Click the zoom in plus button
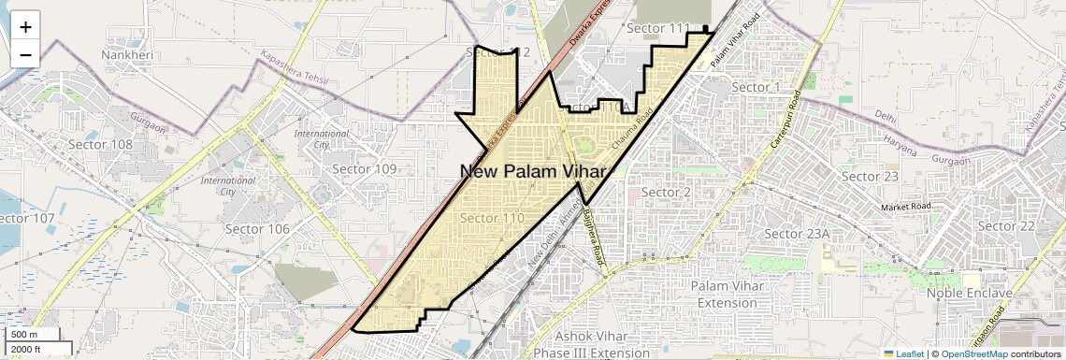[x=25, y=26]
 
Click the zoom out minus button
[x=25, y=54]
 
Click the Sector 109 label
[x=365, y=168]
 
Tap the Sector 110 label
[x=491, y=218]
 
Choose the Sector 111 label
[x=657, y=28]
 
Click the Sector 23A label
[x=797, y=233]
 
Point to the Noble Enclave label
[x=969, y=293]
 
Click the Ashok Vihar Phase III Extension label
[x=589, y=344]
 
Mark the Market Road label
[x=906, y=206]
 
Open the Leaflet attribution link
[x=903, y=353]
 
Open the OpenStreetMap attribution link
[x=973, y=353]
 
